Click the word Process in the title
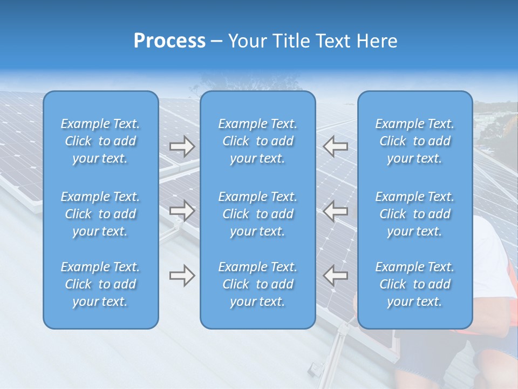pos(169,41)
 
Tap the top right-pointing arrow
pos(182,147)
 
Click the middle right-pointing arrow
pos(182,211)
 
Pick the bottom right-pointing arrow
pos(182,276)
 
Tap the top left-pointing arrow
pos(336,147)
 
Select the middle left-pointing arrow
pos(336,211)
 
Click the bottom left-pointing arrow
pos(336,276)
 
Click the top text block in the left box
pos(100,141)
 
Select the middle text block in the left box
pos(100,214)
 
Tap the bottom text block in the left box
pos(100,284)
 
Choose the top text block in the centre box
pos(258,141)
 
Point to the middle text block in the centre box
pos(258,214)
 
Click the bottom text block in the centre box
pos(258,284)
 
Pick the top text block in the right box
pos(415,141)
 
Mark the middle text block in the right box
pos(415,214)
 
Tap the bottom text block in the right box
pos(415,284)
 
